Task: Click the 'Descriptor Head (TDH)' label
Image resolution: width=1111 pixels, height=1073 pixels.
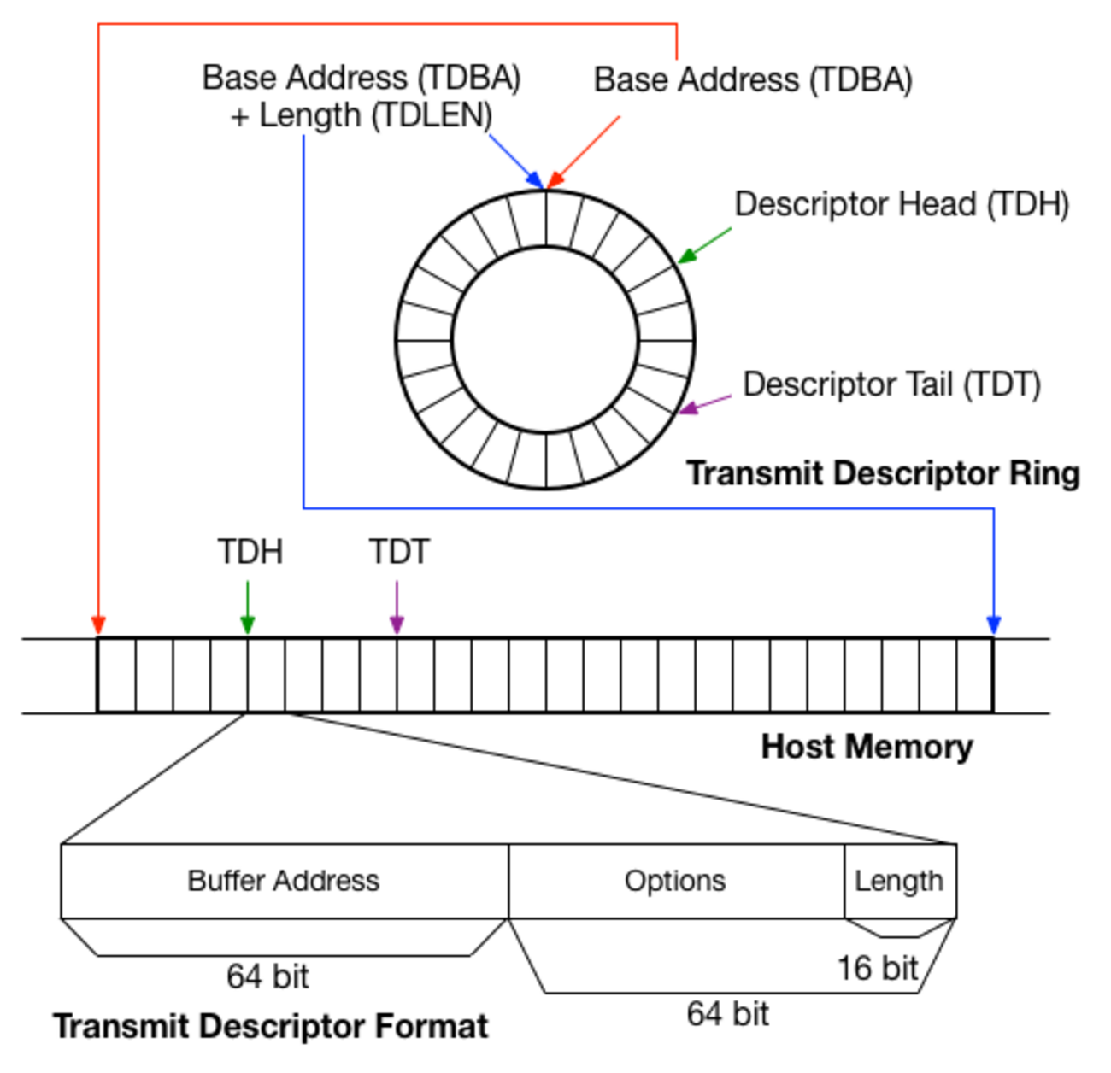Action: tap(902, 205)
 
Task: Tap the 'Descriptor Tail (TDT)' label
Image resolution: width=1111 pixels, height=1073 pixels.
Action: tap(891, 384)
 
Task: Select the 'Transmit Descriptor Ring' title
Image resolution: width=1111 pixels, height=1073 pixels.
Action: tap(883, 473)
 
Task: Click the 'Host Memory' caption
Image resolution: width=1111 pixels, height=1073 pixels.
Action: tap(867, 747)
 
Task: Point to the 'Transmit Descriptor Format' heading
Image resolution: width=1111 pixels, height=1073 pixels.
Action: tap(270, 1026)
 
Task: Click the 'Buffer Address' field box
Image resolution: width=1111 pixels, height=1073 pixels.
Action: tap(284, 881)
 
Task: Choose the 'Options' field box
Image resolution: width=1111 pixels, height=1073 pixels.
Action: tap(675, 881)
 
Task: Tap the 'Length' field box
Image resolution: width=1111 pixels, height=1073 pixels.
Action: tap(899, 881)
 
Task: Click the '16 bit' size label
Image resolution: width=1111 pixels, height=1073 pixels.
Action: tap(877, 969)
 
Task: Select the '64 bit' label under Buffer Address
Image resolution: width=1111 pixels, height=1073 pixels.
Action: tap(267, 976)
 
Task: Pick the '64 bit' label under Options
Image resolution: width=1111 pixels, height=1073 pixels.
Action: tap(727, 1014)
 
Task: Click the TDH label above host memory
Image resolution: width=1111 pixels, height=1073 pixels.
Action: tap(250, 552)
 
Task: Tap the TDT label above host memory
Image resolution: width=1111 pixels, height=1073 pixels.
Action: tap(398, 552)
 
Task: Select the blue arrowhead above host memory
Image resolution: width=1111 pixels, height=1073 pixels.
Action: tap(993, 625)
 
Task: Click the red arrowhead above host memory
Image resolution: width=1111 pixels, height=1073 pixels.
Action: tap(98, 624)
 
